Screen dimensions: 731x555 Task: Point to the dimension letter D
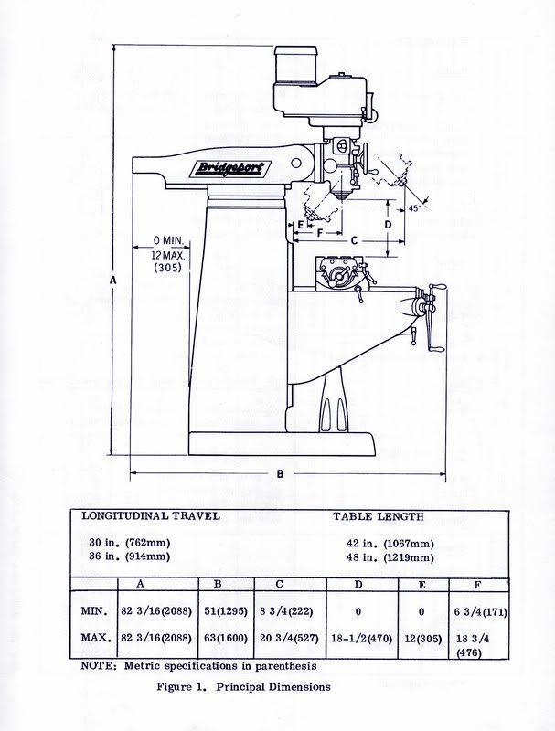click(x=388, y=223)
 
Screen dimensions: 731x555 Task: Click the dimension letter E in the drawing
click(x=300, y=223)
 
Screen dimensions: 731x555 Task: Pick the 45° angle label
click(x=413, y=208)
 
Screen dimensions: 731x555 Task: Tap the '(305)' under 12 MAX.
click(x=168, y=268)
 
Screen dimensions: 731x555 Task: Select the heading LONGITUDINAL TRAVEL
click(x=152, y=516)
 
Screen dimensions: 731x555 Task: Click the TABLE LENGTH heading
click(x=379, y=516)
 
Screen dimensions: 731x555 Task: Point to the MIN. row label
click(x=95, y=609)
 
